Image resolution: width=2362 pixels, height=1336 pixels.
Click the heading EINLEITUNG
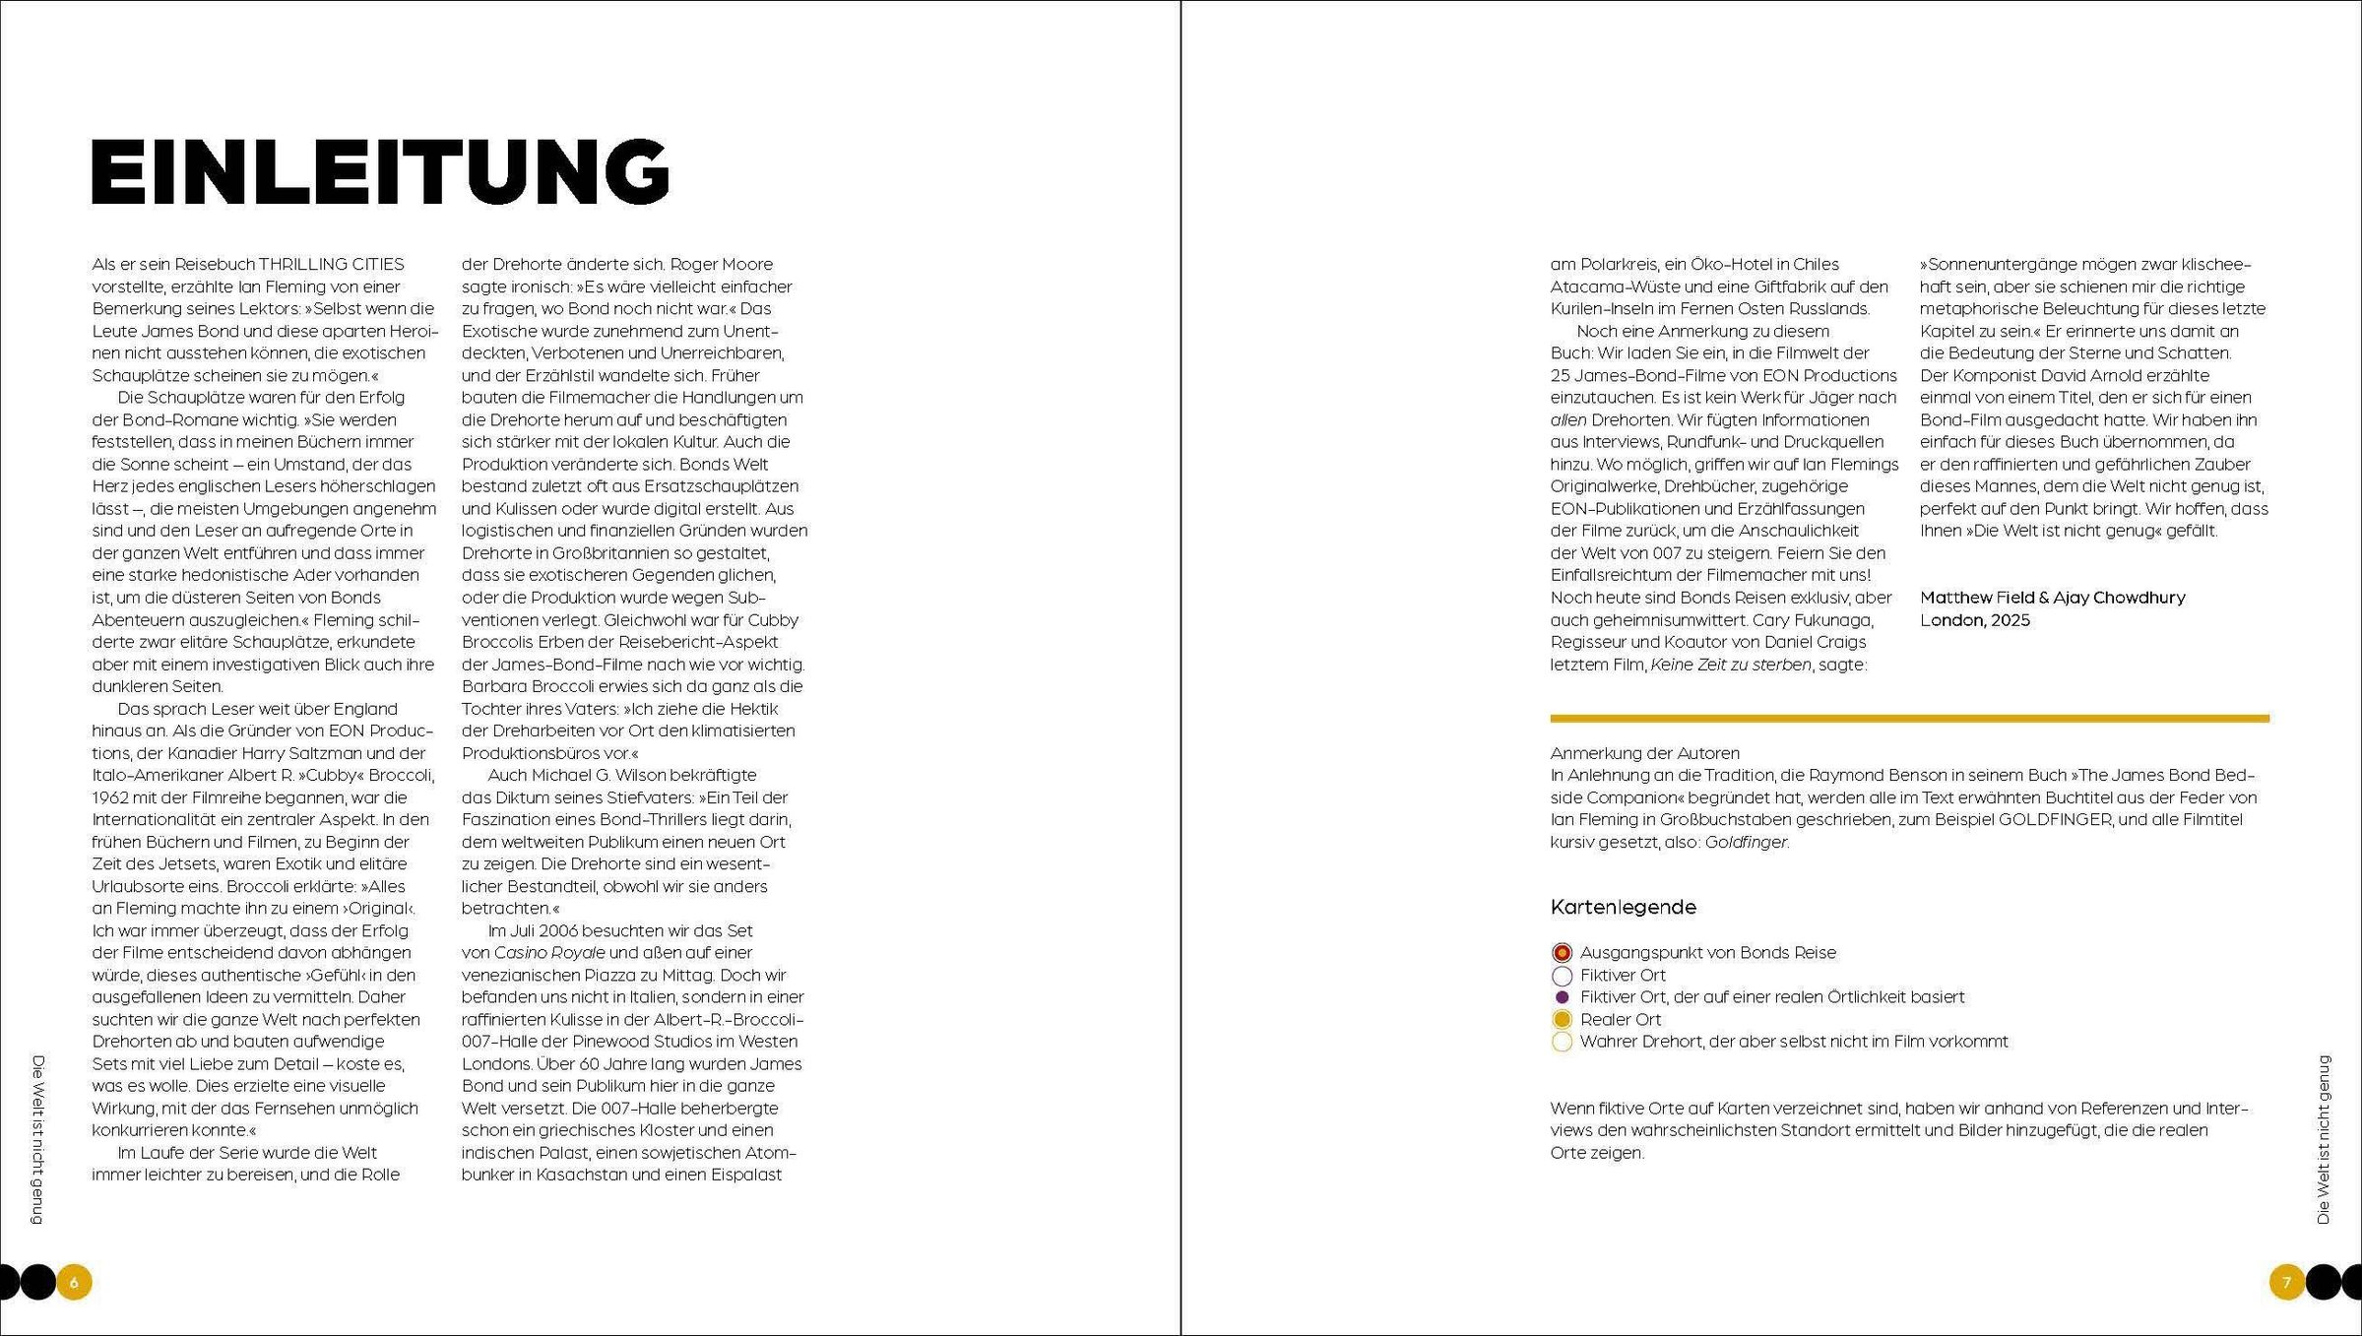click(380, 171)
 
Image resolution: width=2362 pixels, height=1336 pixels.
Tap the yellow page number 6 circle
click(74, 1282)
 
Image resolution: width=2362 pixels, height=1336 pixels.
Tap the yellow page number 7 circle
click(2286, 1282)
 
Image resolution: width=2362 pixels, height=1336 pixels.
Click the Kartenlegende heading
click(1623, 907)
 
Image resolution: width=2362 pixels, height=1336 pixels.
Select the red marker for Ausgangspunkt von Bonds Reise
click(1562, 953)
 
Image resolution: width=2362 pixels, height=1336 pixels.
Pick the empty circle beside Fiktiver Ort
click(1562, 976)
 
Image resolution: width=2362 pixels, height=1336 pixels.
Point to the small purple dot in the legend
click(1562, 997)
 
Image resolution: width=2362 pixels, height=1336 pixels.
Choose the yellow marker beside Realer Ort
click(1562, 1020)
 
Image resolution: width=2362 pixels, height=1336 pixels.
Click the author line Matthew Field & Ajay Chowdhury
click(2052, 598)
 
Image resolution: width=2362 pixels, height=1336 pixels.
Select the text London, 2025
click(1974, 620)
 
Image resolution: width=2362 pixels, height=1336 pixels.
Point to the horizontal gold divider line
click(1909, 719)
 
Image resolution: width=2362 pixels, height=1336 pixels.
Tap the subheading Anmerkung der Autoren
click(1644, 753)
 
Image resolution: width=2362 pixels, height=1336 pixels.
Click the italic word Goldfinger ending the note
click(1746, 843)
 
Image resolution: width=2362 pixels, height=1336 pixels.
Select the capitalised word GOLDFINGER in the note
click(2055, 820)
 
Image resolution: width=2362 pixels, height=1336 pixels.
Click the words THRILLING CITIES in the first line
click(331, 264)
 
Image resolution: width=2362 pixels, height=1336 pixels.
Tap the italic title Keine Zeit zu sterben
click(1730, 665)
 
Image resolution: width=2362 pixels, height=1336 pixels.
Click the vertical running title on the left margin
click(38, 1140)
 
